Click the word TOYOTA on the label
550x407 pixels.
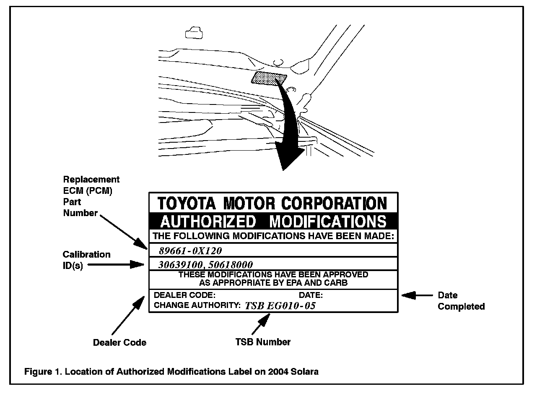coord(187,203)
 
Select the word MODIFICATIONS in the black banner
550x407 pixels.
coord(327,222)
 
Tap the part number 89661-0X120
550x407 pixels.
coord(190,251)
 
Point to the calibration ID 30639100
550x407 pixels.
coord(181,265)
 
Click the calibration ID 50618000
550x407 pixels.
coord(231,265)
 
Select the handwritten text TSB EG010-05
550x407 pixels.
coord(280,306)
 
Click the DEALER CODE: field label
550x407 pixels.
coord(184,295)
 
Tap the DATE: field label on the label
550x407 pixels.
coord(311,295)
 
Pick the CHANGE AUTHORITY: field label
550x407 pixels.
coord(197,305)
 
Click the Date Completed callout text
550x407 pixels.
coord(461,301)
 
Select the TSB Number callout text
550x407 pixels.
coord(263,342)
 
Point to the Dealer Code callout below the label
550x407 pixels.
coord(119,342)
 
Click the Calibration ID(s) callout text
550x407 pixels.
coord(86,260)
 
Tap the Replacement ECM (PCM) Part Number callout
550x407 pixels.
coord(91,196)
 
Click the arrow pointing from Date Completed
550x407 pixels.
coord(417,295)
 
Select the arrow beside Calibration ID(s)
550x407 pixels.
coord(116,264)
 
